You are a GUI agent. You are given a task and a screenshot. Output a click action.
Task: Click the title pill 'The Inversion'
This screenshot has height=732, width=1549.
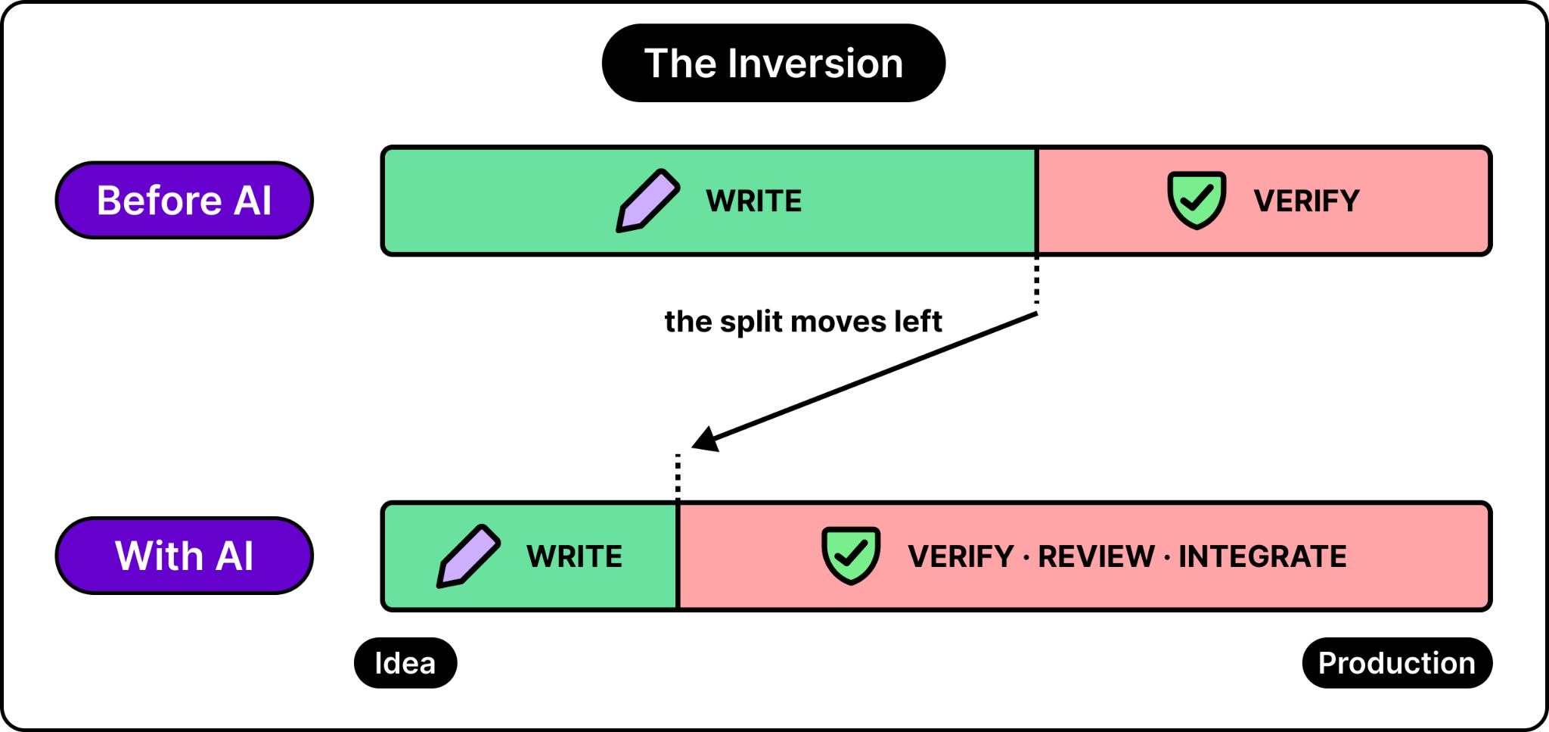773,63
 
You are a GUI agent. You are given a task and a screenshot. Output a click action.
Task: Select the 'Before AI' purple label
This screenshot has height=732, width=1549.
184,200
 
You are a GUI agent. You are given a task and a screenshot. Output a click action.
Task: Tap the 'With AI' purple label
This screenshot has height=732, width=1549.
184,556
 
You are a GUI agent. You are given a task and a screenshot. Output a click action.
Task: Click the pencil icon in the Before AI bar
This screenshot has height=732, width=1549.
647,201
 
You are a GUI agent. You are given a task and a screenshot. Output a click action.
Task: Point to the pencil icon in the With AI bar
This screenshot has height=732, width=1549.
468,556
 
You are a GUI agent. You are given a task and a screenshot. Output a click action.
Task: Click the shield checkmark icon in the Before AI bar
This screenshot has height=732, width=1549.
1196,200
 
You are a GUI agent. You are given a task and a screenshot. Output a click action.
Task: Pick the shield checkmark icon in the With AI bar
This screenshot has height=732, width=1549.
851,556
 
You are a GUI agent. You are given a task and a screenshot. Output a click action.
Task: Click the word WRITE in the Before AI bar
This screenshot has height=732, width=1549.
753,201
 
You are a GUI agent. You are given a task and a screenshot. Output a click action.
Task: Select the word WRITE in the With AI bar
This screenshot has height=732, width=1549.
574,556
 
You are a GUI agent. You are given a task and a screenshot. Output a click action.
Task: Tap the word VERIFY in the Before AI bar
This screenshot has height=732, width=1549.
1306,201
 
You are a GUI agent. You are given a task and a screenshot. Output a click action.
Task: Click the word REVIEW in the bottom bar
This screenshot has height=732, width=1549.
1096,556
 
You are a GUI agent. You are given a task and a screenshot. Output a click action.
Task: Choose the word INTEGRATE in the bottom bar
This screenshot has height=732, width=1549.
1262,556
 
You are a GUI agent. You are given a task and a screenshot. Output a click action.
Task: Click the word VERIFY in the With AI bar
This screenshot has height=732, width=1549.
961,556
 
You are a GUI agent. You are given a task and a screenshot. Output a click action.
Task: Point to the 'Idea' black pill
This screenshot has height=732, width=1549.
405,663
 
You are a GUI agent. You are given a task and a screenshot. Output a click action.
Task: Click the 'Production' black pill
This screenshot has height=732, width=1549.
1397,663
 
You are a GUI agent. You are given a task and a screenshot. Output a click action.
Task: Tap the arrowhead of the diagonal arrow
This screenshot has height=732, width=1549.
705,440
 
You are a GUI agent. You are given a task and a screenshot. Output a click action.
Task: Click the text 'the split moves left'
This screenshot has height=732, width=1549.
803,322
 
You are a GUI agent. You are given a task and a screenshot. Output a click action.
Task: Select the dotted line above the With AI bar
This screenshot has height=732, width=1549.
678,477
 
